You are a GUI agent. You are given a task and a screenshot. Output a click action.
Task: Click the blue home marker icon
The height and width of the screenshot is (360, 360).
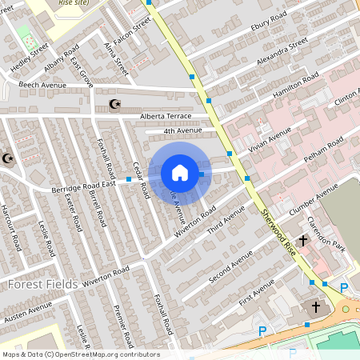coord(180,173)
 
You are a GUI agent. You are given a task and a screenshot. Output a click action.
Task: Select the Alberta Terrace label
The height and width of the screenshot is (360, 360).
coord(166,116)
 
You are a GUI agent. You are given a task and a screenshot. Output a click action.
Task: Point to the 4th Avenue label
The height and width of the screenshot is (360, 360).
coord(183,130)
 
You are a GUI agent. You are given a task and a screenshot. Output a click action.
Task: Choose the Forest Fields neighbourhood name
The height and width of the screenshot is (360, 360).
coord(42,284)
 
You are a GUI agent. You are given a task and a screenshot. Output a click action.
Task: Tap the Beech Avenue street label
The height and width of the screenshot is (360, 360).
coord(42,85)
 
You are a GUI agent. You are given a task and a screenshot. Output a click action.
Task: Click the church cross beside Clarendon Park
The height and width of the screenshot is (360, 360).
coord(304,240)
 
